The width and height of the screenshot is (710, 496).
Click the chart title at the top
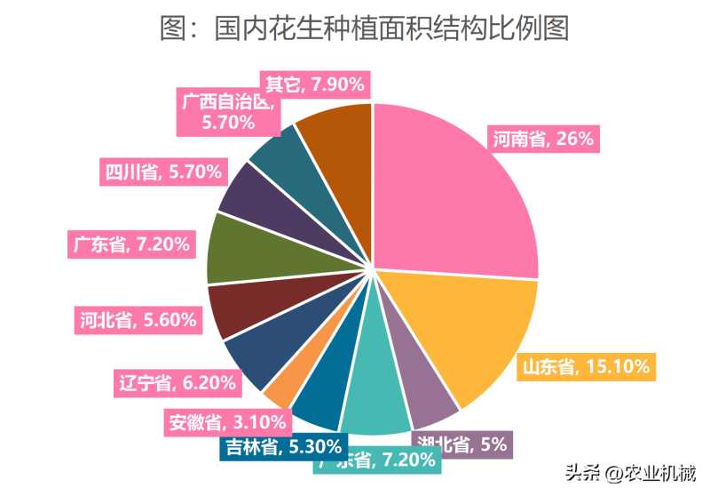pyautogui.click(x=364, y=28)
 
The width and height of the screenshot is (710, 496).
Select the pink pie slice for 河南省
pyautogui.click(x=453, y=196)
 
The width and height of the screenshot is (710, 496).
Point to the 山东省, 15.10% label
pyautogui.click(x=586, y=365)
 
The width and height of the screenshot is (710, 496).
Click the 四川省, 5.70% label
pyautogui.click(x=162, y=172)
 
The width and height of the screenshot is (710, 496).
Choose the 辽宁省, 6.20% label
pyautogui.click(x=177, y=383)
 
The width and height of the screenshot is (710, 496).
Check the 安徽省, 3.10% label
pyautogui.click(x=226, y=421)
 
